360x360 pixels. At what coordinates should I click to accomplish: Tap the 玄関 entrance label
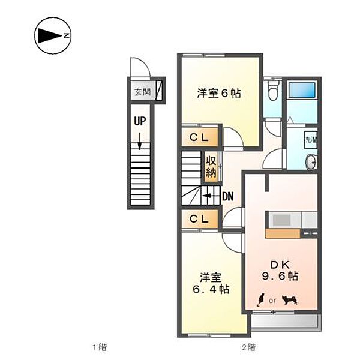(142, 93)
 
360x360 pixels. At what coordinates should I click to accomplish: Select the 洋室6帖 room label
(220, 93)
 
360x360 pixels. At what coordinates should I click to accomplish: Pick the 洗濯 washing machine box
(310, 139)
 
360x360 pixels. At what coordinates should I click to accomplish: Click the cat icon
(262, 298)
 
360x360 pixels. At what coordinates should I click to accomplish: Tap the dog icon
(290, 298)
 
